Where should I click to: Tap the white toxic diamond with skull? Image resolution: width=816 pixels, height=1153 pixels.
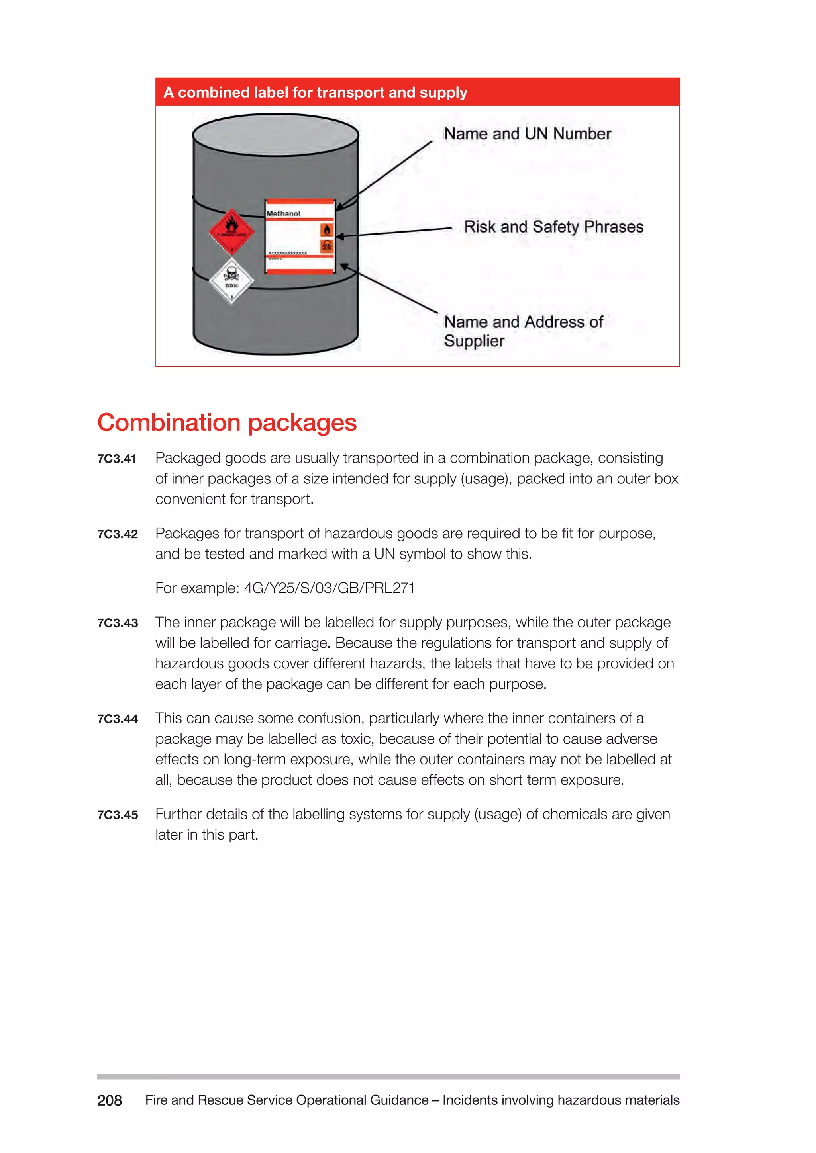pyautogui.click(x=231, y=281)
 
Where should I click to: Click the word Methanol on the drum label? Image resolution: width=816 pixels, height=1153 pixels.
pyautogui.click(x=283, y=213)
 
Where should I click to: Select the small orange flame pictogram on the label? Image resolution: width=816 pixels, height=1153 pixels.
pyautogui.click(x=327, y=230)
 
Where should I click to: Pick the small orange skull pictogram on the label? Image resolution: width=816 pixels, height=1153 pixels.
pyautogui.click(x=327, y=246)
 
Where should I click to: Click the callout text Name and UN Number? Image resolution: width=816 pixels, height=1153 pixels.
pyautogui.click(x=527, y=134)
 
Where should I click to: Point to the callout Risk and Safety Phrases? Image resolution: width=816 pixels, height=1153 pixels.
pyautogui.click(x=553, y=227)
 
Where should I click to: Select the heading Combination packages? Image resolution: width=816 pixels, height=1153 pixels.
pyautogui.click(x=227, y=422)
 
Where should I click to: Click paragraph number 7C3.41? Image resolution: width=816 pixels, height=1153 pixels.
pyautogui.click(x=117, y=459)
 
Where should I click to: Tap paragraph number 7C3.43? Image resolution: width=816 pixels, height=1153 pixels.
pyautogui.click(x=117, y=623)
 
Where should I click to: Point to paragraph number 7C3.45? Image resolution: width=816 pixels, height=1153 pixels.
pyautogui.click(x=117, y=815)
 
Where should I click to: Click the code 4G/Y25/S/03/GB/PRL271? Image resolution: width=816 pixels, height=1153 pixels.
pyautogui.click(x=329, y=588)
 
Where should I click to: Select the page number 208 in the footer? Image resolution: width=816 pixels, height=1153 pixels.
pyautogui.click(x=110, y=1100)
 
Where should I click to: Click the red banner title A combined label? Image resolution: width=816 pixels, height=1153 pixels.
pyautogui.click(x=315, y=92)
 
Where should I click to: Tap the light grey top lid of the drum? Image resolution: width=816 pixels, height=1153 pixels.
pyautogui.click(x=275, y=135)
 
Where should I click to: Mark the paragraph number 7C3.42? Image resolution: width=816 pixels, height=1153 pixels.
pyautogui.click(x=117, y=534)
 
